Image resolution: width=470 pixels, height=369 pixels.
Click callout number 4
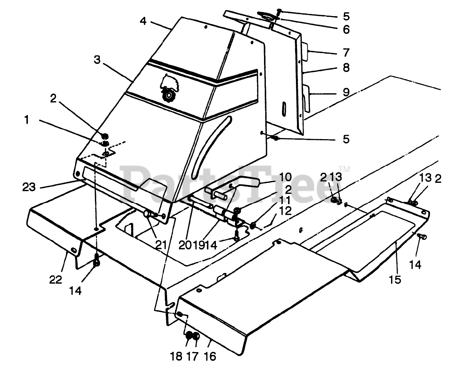[x=143, y=21]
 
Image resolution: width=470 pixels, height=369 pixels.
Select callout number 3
[x=97, y=60]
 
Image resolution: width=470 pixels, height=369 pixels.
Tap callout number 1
[x=26, y=120]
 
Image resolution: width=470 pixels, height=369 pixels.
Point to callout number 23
[x=29, y=187]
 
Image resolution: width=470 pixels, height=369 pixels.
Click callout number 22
[x=56, y=279]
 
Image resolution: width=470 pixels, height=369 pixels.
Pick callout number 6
[x=346, y=29]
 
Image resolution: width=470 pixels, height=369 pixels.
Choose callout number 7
[x=346, y=52]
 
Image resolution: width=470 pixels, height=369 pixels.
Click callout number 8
[x=346, y=68]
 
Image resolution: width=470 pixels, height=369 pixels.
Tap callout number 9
[x=346, y=92]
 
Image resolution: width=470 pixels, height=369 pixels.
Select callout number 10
[x=285, y=177]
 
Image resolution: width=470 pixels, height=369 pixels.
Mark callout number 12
[x=285, y=211]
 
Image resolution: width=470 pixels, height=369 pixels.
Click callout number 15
[x=395, y=279]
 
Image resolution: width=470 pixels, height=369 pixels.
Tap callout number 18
[x=176, y=356]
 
